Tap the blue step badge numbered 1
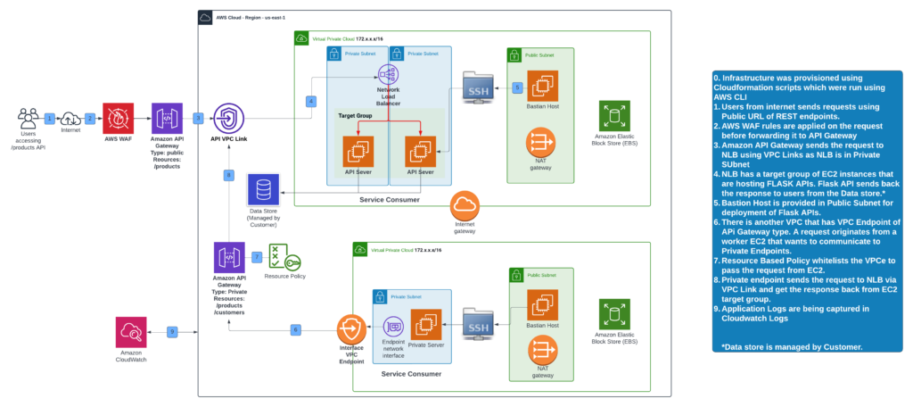click(51, 118)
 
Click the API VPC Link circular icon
click(227, 118)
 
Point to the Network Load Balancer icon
click(387, 76)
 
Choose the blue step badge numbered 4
click(310, 102)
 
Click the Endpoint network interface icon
click(393, 328)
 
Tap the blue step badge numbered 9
click(172, 331)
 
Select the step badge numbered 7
click(257, 257)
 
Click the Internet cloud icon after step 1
click(70, 117)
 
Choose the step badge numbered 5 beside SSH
click(517, 87)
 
